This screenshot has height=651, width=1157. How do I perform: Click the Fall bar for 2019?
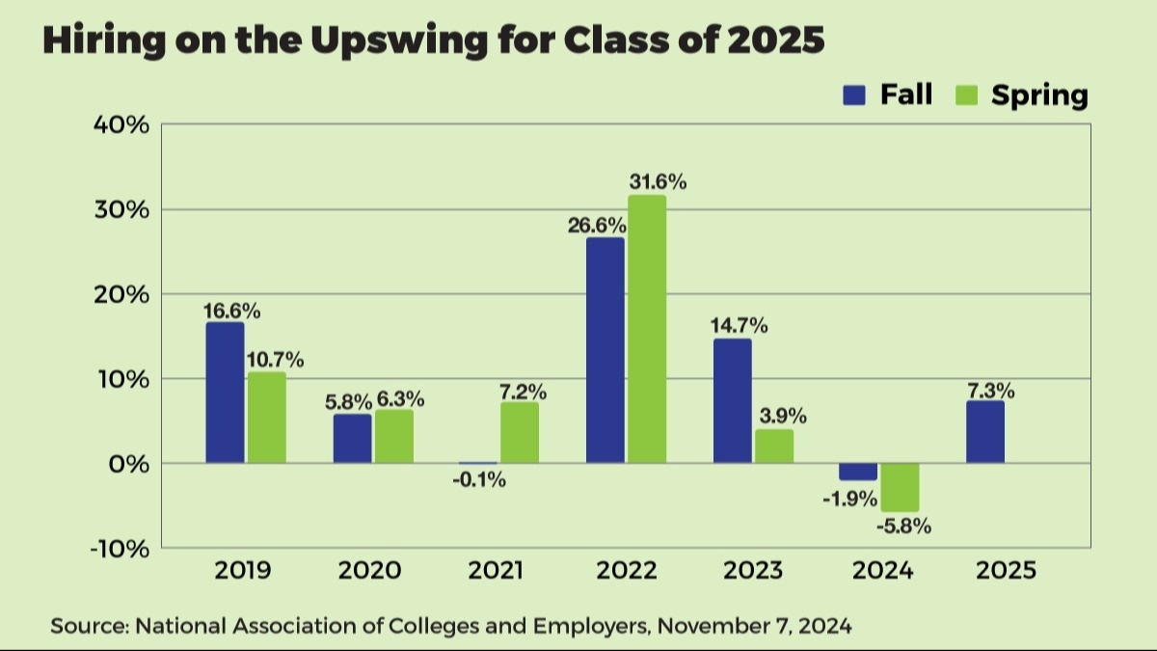224,393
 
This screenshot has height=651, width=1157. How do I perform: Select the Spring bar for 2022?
647,329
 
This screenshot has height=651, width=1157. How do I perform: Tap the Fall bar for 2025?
984,432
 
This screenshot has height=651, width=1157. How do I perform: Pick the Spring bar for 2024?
900,487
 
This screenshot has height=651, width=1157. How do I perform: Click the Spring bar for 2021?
520,432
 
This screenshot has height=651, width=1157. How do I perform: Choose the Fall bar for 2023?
732,401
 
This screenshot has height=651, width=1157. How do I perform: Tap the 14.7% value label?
739,326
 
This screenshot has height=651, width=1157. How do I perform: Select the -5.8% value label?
903,527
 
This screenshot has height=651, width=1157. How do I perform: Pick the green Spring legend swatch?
967,95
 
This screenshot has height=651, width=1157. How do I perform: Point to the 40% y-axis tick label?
121,125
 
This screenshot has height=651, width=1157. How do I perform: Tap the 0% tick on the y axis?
127,464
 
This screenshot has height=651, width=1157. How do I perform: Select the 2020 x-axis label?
370,570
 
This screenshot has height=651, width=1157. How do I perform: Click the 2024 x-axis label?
882,570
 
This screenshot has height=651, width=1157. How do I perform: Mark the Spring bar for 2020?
393,436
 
